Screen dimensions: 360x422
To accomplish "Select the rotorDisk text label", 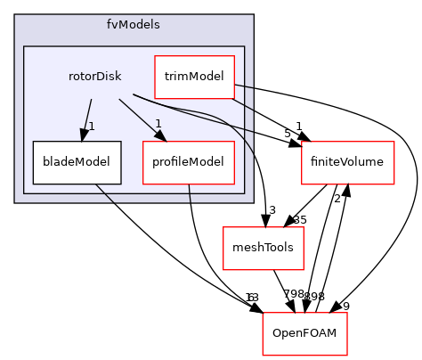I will point(94,76).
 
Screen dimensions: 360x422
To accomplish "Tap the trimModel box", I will point(194,77).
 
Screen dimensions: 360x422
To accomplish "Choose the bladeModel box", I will point(71,161).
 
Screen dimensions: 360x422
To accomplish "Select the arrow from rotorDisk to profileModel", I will point(139,118).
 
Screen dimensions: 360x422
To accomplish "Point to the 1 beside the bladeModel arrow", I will point(92,126).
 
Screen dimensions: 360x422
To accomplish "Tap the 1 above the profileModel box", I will point(158,123).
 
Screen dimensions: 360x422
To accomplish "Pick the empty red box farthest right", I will point(347,162).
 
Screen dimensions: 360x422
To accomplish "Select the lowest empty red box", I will point(304,334).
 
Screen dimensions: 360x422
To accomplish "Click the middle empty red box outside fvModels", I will point(263,248).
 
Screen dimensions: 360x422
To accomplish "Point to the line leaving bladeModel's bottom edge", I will point(105,192).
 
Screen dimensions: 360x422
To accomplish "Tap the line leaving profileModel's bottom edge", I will point(190,193).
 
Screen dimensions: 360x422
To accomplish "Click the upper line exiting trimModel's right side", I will point(245,87).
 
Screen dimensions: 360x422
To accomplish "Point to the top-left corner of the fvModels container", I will point(15,15).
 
